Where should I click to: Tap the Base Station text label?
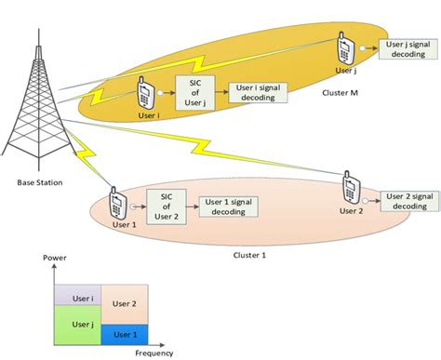(x=39, y=182)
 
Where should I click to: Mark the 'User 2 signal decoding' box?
(x=410, y=201)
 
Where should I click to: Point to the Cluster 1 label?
(x=249, y=252)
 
